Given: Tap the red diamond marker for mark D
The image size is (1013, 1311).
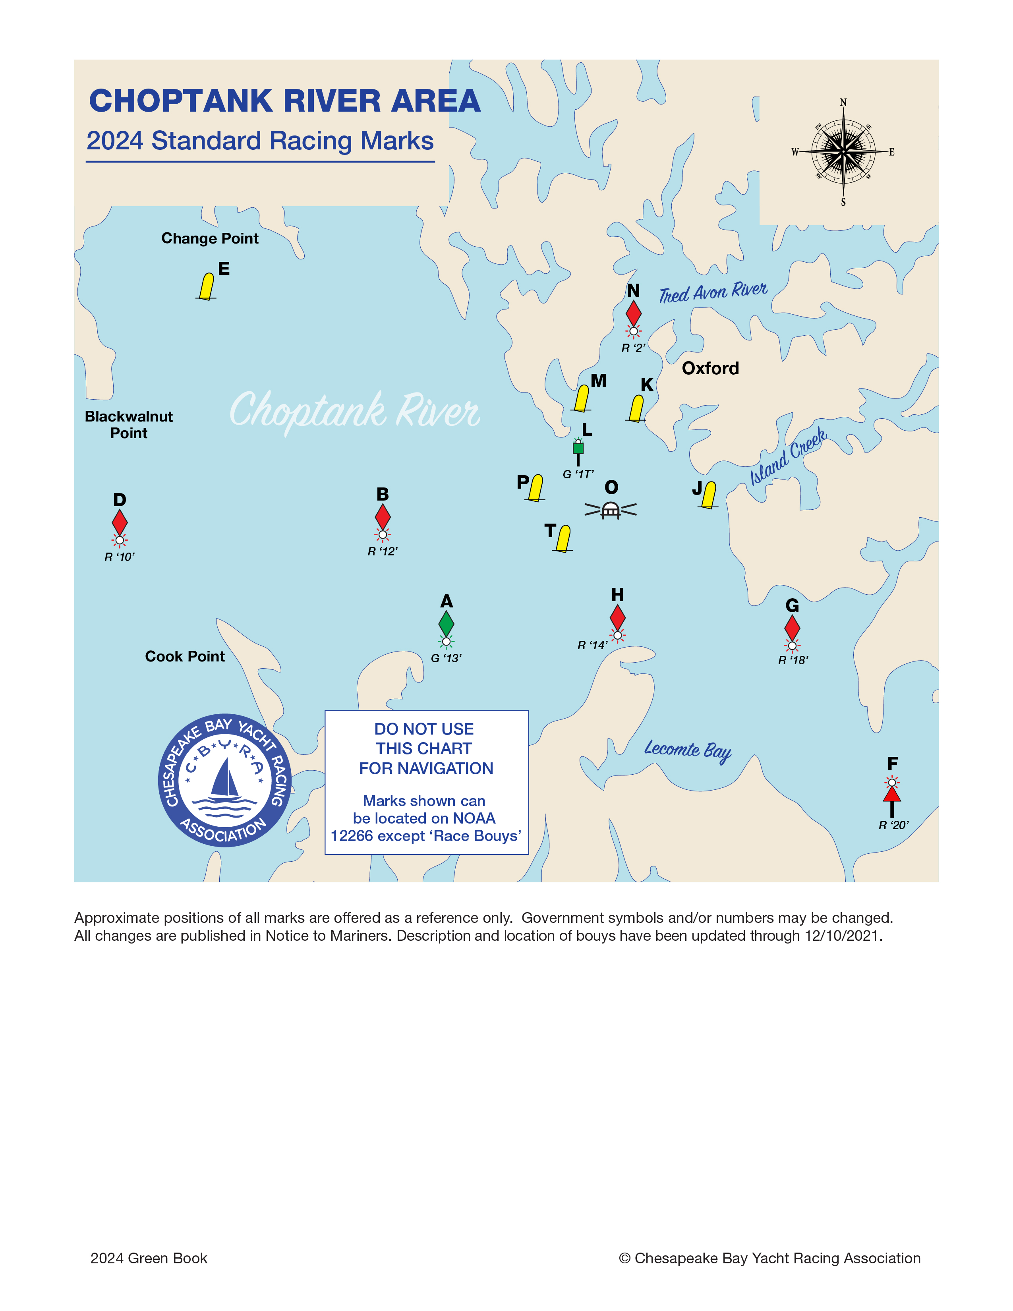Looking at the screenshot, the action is (x=120, y=522).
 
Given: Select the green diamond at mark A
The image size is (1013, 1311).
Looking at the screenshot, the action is (x=446, y=623).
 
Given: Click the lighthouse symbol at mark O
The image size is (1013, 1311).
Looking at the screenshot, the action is (x=610, y=510).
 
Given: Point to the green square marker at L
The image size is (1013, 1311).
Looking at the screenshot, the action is (x=578, y=448).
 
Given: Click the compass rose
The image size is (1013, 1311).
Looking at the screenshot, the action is (x=843, y=152).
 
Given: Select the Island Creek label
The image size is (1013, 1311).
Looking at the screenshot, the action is (x=788, y=456).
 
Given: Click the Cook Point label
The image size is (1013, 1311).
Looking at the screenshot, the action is (x=185, y=656).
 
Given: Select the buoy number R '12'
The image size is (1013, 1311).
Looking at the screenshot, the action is (x=382, y=551).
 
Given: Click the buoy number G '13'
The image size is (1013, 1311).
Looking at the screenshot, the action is (x=446, y=658).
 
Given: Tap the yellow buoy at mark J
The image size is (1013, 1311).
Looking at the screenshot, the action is (x=709, y=495).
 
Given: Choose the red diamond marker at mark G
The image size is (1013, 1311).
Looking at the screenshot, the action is (x=792, y=627).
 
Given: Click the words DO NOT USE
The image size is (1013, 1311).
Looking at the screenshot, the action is (x=424, y=729).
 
